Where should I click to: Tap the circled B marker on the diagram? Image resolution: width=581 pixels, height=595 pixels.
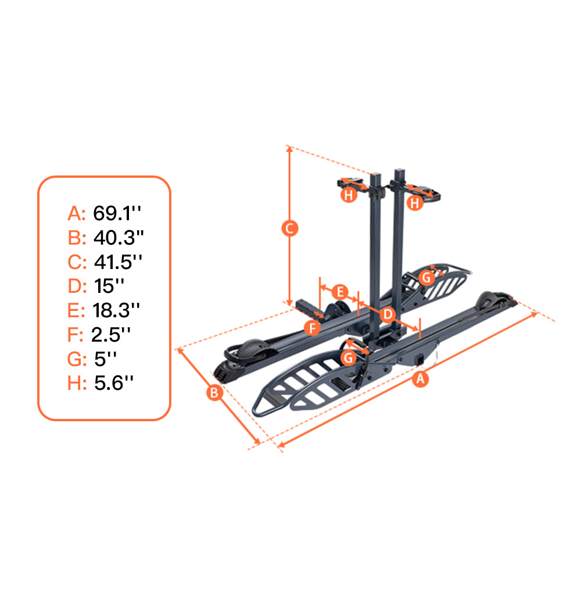tap(214, 393)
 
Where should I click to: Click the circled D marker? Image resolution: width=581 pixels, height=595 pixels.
tap(388, 314)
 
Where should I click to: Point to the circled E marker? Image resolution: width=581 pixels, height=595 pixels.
tap(341, 291)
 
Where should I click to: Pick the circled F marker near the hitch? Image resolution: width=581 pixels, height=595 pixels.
tap(313, 328)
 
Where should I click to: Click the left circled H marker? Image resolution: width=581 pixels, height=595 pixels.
tap(348, 195)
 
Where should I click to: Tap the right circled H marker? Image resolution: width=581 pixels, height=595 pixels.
tap(414, 203)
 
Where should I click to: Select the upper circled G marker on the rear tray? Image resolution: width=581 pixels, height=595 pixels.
tap(426, 277)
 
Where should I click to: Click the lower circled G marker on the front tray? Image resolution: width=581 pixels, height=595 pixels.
tap(349, 357)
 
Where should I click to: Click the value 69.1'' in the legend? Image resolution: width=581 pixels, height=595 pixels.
tap(118, 213)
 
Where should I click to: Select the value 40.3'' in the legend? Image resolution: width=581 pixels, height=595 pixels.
tap(119, 238)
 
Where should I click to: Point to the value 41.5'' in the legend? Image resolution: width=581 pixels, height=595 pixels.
tap(119, 262)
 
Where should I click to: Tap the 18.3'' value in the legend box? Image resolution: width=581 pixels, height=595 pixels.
tap(117, 310)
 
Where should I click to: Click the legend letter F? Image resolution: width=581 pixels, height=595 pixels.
tap(75, 335)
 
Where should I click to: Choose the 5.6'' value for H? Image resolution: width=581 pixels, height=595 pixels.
tap(114, 383)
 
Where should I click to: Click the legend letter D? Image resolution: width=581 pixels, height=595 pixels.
tap(76, 286)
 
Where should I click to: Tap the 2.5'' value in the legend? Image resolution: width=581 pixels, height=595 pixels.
tap(111, 335)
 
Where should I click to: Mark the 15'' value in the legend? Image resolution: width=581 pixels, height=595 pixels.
tap(109, 286)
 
